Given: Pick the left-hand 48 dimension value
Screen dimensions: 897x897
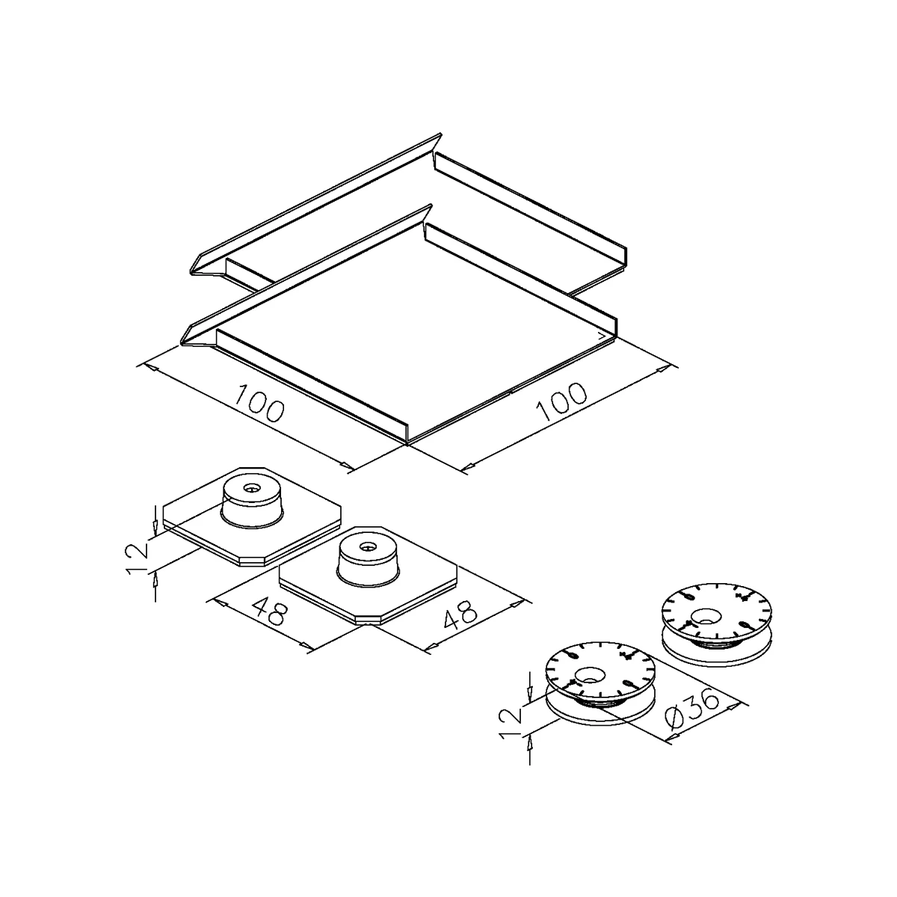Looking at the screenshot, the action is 270,610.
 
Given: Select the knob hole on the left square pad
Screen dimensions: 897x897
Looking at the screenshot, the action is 252,488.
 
